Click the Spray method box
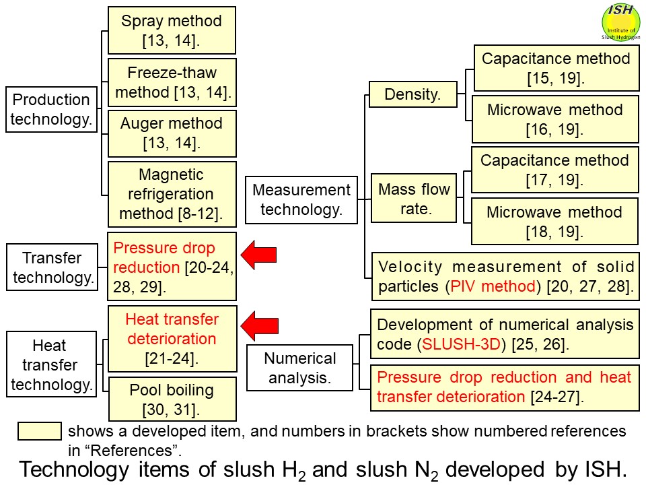point(172,30)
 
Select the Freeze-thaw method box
point(172,82)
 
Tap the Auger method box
point(172,133)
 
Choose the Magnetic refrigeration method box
point(172,194)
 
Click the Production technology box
point(51,110)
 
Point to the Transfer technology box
point(52,267)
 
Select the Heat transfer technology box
point(51,365)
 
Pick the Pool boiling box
point(172,399)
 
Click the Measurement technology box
point(301,199)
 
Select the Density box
point(412,95)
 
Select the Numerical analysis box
point(300,368)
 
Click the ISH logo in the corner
point(620,22)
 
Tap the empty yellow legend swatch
point(39,431)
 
